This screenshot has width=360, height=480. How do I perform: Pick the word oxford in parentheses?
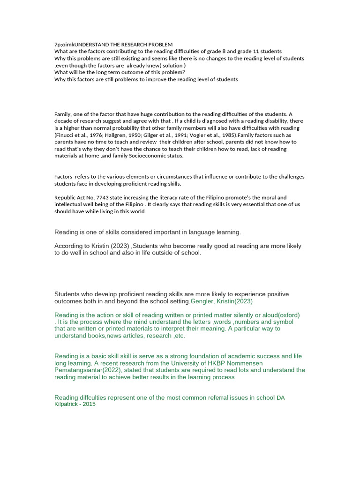coord(288,315)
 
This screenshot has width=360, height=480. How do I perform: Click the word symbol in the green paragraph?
coord(283,322)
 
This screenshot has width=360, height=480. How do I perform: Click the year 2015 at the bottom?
coord(89,404)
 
